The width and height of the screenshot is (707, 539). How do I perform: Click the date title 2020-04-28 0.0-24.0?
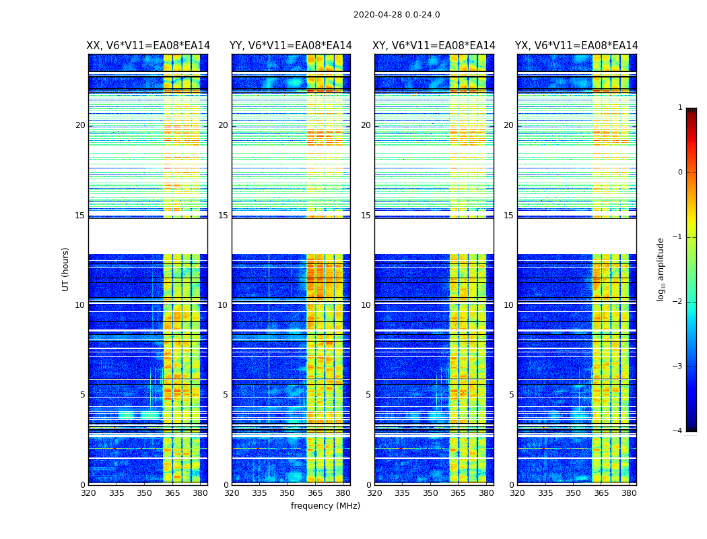(x=397, y=15)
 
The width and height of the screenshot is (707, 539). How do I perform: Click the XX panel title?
(x=148, y=46)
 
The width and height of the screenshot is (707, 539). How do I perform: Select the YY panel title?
(x=291, y=46)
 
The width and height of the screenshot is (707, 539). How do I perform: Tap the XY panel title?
(x=434, y=46)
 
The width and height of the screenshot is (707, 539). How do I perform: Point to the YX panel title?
(x=576, y=46)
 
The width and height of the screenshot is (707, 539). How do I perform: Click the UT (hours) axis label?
(x=66, y=269)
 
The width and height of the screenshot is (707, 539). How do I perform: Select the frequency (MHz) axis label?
(x=325, y=506)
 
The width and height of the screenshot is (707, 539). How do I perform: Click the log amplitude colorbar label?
(x=661, y=269)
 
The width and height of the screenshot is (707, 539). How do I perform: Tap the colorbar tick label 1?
(x=680, y=108)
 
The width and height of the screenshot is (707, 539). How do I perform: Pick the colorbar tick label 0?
(x=680, y=172)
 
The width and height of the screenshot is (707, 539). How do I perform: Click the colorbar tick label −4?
(x=678, y=431)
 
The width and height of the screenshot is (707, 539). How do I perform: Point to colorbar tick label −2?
(x=678, y=302)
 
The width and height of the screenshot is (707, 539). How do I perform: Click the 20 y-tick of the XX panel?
(x=80, y=125)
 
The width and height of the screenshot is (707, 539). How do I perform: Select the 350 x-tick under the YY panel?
(x=287, y=493)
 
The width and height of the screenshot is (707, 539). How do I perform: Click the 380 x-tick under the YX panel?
(x=629, y=493)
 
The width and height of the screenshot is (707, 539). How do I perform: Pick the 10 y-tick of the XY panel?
(x=366, y=305)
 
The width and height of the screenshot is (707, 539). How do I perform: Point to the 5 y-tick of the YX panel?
(x=511, y=395)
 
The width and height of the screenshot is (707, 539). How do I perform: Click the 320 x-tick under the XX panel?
(x=89, y=493)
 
